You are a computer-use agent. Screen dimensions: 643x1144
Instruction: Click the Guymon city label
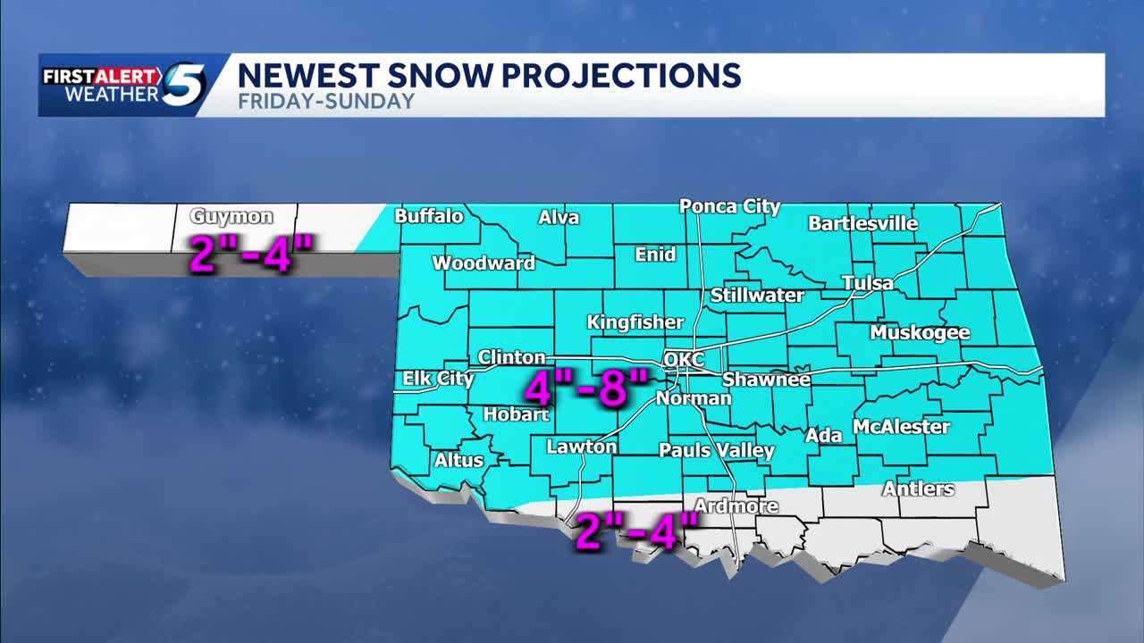point(231,217)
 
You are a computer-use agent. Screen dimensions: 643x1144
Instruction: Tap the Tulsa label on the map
point(867,283)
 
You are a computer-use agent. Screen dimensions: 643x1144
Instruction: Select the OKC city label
point(684,360)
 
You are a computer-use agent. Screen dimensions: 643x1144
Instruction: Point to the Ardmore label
point(736,506)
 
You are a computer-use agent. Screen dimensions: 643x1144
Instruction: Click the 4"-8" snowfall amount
point(585,388)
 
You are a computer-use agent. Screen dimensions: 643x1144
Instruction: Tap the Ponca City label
point(729,206)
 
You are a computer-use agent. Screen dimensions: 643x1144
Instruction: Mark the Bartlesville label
point(862,223)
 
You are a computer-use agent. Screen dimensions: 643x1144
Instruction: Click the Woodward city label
point(484,263)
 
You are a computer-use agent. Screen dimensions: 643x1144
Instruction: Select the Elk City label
point(438,379)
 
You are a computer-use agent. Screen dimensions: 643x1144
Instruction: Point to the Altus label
point(458,461)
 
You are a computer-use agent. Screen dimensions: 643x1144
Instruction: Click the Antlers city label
point(918,489)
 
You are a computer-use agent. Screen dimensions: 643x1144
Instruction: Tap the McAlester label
point(901,427)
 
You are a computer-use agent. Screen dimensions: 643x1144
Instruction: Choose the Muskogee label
point(920,333)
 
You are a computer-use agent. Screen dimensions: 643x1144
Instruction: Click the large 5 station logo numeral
point(183,85)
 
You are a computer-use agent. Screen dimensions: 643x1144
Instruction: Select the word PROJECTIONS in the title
point(616,75)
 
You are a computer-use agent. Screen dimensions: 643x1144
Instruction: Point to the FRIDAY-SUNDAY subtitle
point(326,101)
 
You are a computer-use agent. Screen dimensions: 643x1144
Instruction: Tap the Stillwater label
point(757,296)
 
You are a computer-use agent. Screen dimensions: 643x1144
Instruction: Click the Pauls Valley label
point(716,450)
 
